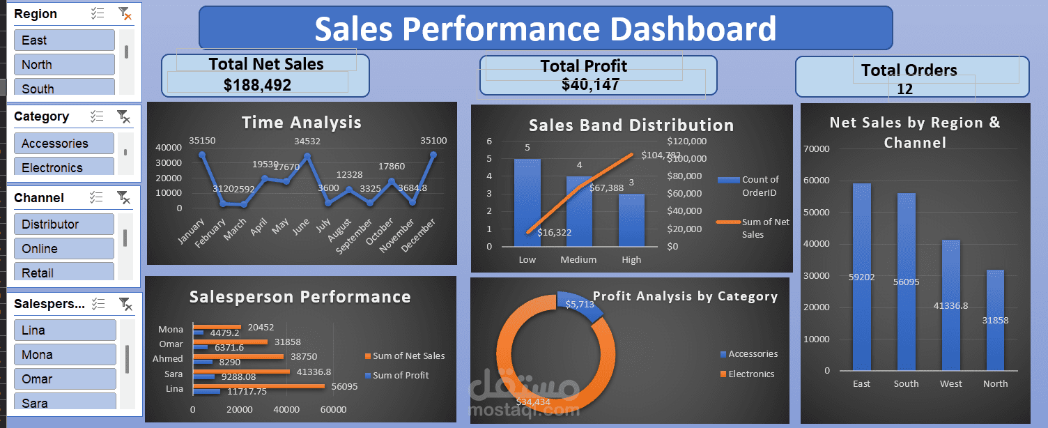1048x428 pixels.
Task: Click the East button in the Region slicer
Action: click(64, 40)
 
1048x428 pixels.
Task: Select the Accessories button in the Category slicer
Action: click(63, 144)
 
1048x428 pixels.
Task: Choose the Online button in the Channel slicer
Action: click(63, 249)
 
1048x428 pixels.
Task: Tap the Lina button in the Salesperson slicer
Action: click(65, 330)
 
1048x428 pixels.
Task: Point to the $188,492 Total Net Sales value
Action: click(257, 85)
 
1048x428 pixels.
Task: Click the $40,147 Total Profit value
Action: click(590, 84)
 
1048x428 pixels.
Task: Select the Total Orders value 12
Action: click(904, 89)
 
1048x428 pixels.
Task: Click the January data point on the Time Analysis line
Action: click(202, 155)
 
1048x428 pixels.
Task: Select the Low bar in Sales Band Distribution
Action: click(527, 202)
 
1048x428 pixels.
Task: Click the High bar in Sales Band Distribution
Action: click(631, 220)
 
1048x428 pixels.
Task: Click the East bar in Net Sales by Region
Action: click(861, 277)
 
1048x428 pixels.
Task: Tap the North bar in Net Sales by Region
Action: click(995, 320)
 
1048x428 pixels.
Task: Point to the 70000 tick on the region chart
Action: click(817, 148)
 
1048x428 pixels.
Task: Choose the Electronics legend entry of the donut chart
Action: click(750, 374)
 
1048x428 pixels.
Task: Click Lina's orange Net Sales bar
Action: click(258, 385)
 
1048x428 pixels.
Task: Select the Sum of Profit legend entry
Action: click(400, 376)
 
